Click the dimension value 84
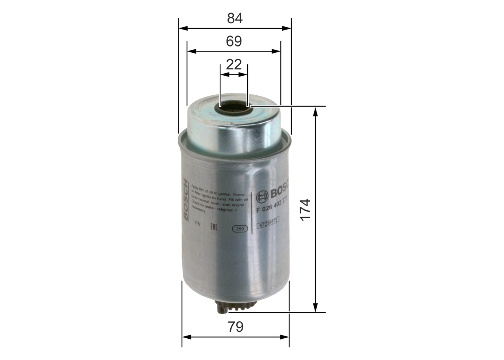[235, 18]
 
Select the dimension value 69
[234, 41]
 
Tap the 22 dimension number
[234, 64]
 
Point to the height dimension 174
[306, 210]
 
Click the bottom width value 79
[235, 327]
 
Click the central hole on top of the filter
[233, 106]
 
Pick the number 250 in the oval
[240, 228]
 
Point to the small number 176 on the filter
[198, 223]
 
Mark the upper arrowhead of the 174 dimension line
[315, 112]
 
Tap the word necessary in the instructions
[198, 211]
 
